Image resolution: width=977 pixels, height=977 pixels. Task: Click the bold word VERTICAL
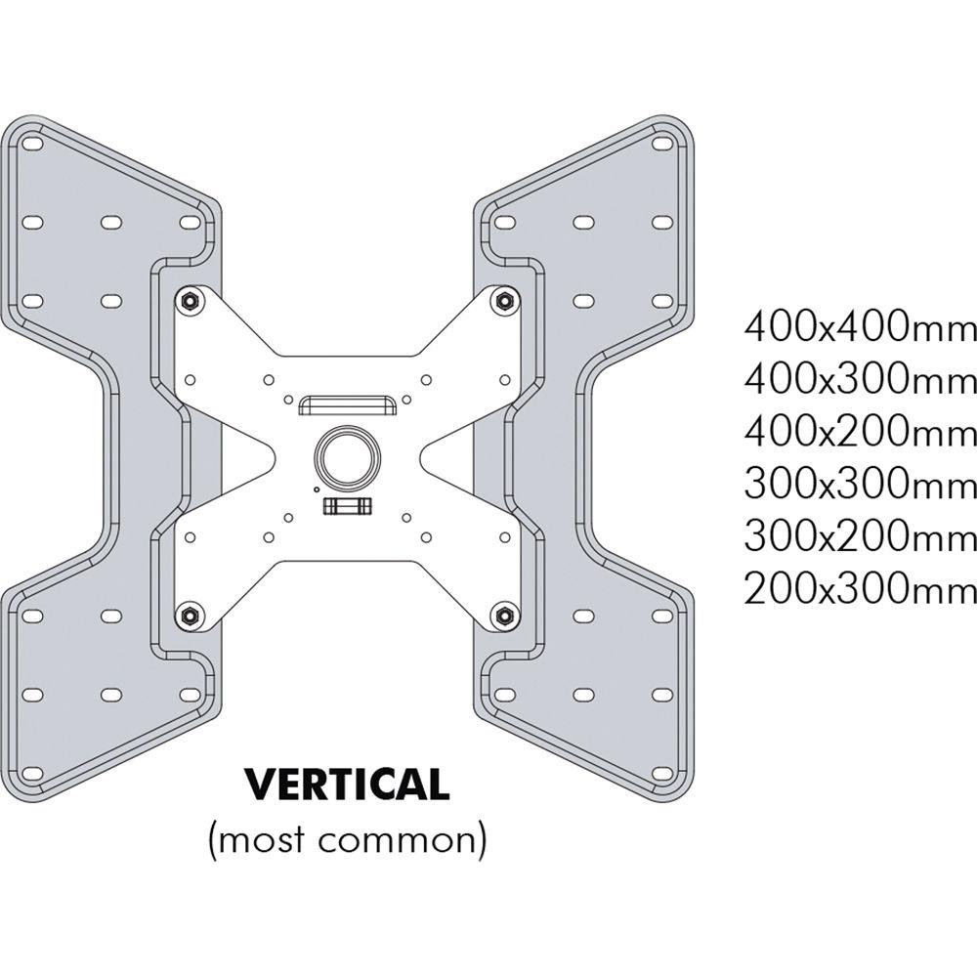346,784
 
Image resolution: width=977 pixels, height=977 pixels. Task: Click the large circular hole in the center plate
344,456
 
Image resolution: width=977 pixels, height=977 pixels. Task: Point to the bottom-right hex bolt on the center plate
503,615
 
